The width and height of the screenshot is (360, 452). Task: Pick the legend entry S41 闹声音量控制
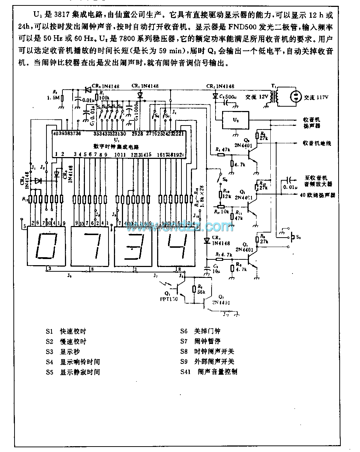point(209,372)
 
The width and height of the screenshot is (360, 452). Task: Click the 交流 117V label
point(316,97)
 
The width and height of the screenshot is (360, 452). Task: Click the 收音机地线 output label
point(317,143)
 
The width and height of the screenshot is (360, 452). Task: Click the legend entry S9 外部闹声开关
point(207,362)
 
